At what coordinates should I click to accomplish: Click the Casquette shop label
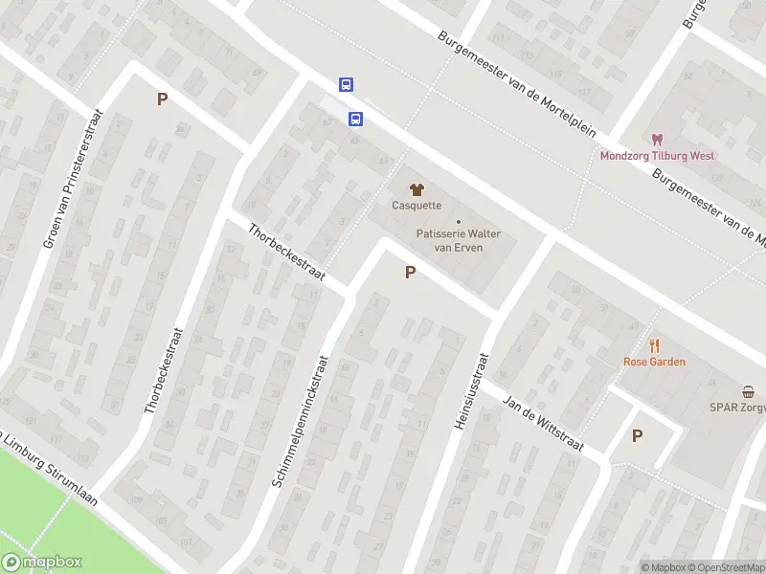pos(417,205)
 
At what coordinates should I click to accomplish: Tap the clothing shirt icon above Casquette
pos(417,188)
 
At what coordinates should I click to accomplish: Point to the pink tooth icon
pos(657,141)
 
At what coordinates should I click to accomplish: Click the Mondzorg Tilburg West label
pos(657,156)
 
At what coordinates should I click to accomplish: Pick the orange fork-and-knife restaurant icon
pos(655,346)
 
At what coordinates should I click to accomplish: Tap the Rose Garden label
pos(654,362)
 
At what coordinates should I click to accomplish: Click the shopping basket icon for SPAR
pos(748,391)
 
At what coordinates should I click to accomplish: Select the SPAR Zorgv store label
pos(736,407)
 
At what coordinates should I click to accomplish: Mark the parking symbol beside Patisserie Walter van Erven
pos(411,273)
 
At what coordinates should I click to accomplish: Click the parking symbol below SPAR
pos(637,435)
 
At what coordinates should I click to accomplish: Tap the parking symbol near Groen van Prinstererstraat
pos(162,99)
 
